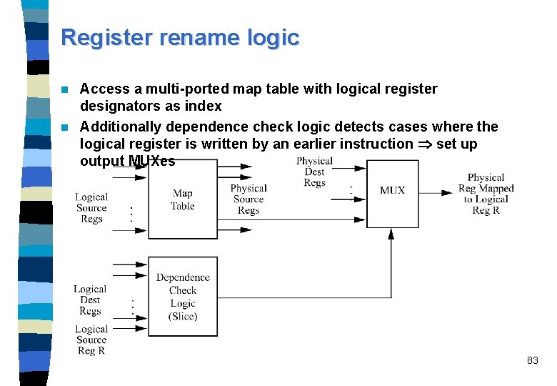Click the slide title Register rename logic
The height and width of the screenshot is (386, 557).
pos(180,37)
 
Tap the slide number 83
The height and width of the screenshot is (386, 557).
pos(532,361)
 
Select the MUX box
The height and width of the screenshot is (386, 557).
pos(392,191)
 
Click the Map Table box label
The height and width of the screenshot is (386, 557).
pos(183,199)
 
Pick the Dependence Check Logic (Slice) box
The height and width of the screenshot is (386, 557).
pos(183,297)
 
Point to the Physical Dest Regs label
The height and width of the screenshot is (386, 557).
pos(314,172)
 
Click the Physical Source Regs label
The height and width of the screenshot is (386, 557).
pos(249,199)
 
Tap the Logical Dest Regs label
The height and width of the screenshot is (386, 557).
pos(90,300)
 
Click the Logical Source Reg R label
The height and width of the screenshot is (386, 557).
pos(91,340)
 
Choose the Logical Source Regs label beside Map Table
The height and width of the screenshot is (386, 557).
pos(91,208)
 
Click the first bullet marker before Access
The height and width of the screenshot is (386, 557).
pos(64,89)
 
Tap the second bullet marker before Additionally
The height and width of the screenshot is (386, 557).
pos(64,127)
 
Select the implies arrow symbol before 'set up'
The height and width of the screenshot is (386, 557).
pos(424,144)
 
